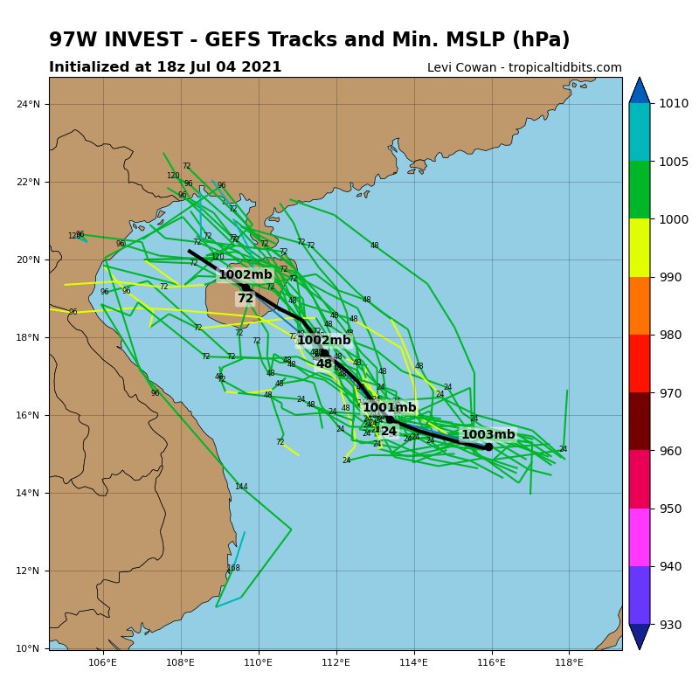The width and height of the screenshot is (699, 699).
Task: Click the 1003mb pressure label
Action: [x=488, y=434]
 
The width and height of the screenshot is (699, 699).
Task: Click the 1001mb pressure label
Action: [x=389, y=407]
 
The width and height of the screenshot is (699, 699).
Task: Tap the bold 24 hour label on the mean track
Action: [x=389, y=431]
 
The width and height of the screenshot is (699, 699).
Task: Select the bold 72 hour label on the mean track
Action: [x=246, y=298]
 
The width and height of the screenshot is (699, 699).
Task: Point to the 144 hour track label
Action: [x=241, y=487]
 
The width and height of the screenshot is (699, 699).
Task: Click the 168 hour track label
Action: [x=233, y=568]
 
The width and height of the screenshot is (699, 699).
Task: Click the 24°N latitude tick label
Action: [x=28, y=104]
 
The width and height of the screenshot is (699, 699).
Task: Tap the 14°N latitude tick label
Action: [x=28, y=493]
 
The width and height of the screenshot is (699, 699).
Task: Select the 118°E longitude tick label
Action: [x=569, y=662]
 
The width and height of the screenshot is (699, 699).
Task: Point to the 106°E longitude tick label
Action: [x=103, y=662]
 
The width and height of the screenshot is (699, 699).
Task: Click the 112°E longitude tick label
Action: [x=336, y=662]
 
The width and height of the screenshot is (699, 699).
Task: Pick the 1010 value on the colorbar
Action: [x=674, y=103]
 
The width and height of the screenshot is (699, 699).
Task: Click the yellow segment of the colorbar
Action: [x=639, y=247]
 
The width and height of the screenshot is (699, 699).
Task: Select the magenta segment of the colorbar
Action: [x=639, y=537]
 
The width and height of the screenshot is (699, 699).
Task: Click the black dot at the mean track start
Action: [x=488, y=446]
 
